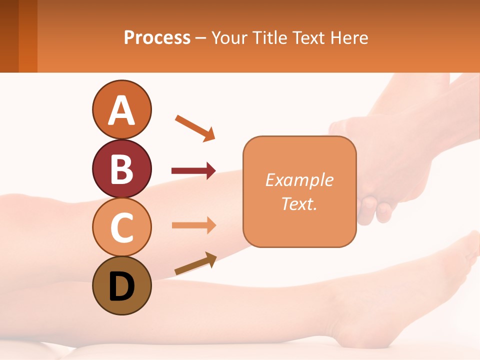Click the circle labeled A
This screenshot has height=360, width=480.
121,109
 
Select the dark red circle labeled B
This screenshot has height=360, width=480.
121,168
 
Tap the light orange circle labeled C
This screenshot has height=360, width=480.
121,227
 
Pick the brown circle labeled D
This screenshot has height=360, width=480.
121,286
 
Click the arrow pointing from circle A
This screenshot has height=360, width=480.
195,127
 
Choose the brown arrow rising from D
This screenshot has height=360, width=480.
195,263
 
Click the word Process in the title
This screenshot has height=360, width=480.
157,37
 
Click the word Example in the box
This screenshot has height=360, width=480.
299,180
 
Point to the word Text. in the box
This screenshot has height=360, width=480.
299,203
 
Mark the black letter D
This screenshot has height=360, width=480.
121,287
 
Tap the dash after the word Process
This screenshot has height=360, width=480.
200,38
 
